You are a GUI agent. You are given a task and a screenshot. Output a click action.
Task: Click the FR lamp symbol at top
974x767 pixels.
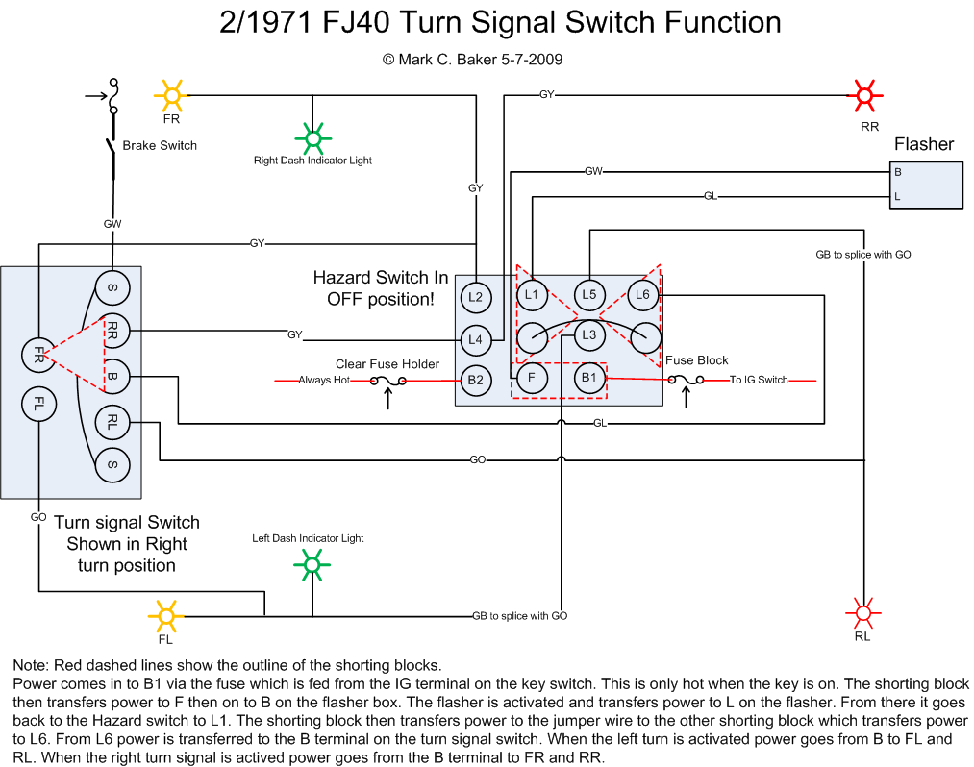(172, 94)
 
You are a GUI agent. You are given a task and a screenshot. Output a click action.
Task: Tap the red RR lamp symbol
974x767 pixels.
(864, 95)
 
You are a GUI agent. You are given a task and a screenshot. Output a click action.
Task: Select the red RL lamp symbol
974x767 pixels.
(862, 612)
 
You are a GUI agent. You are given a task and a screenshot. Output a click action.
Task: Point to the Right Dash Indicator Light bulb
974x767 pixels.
(312, 137)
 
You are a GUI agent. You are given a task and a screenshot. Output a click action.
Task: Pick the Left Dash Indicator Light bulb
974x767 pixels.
(311, 564)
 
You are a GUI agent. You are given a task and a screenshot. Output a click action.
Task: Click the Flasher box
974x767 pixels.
(926, 185)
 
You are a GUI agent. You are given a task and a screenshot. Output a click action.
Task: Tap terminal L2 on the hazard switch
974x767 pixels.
(475, 297)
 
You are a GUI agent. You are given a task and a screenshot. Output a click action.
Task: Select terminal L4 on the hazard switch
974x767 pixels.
(475, 338)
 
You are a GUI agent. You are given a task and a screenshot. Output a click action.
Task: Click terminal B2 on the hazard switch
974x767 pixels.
(475, 380)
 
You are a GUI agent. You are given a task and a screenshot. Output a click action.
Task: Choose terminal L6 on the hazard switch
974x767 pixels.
(643, 295)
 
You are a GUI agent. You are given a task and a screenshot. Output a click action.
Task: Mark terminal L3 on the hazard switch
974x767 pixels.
(589, 335)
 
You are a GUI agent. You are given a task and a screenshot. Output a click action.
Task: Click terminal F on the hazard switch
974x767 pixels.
(532, 379)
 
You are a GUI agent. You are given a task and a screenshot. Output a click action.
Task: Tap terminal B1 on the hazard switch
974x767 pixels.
(589, 379)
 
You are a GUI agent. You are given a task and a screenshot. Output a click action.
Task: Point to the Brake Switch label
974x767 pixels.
(160, 146)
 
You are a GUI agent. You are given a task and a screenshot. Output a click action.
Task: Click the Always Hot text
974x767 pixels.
(323, 381)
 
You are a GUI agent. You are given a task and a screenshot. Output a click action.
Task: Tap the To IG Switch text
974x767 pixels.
(758, 381)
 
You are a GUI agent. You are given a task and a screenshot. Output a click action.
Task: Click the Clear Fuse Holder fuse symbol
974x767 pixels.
(388, 382)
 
